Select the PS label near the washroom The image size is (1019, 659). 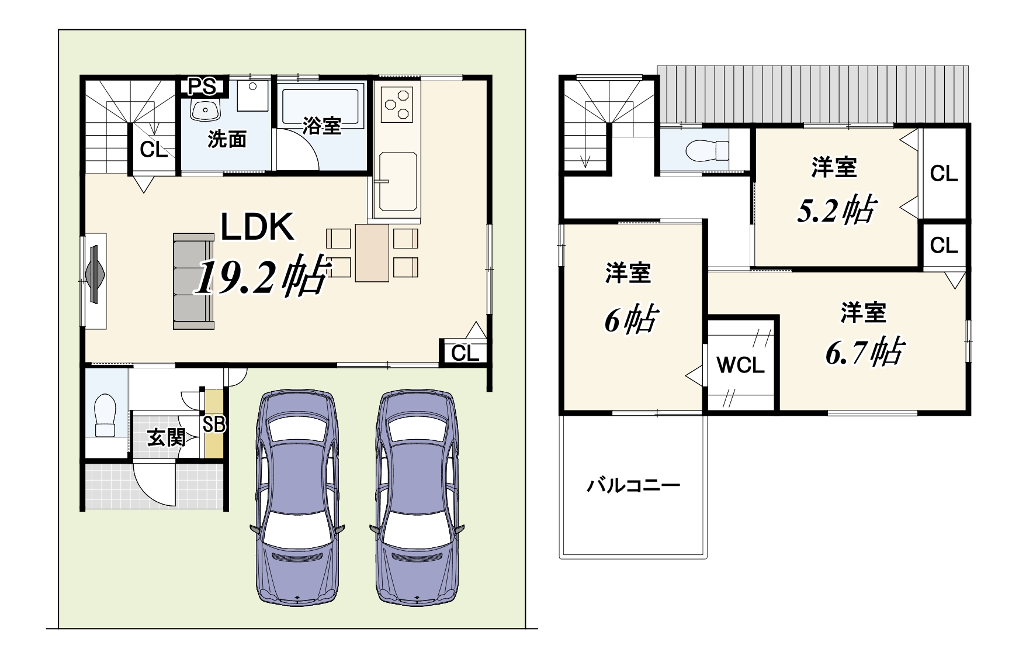click(202, 87)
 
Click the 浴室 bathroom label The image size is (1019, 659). click(322, 125)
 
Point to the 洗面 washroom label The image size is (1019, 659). click(227, 139)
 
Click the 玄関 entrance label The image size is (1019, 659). click(166, 437)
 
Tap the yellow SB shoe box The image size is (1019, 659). click(214, 423)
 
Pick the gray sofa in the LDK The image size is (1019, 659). click(193, 281)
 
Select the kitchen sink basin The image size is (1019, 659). click(397, 182)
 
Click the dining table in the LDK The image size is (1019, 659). click(372, 253)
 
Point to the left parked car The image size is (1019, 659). click(297, 497)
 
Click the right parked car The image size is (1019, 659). click(417, 497)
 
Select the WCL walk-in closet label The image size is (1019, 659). click(740, 365)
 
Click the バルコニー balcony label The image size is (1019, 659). click(633, 485)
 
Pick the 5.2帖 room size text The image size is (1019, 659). click(836, 209)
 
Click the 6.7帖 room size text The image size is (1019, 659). click(865, 352)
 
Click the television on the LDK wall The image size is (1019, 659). click(95, 273)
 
